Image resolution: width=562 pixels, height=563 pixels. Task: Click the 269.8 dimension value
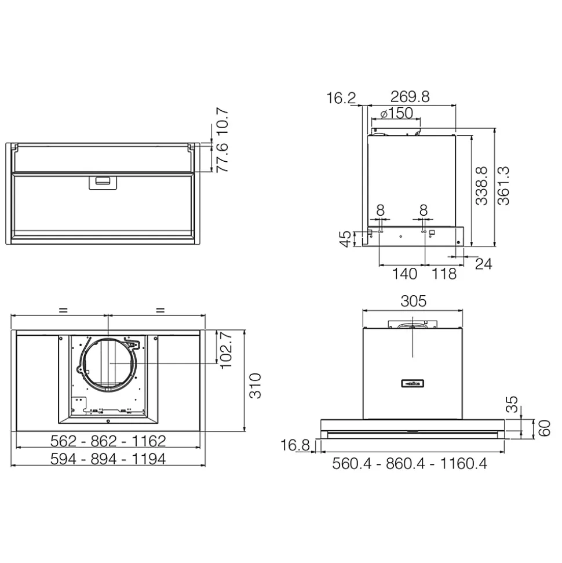pyautogui.click(x=410, y=97)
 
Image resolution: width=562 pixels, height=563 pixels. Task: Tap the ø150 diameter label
pyautogui.click(x=397, y=114)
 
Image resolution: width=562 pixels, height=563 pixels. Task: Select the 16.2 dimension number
pyautogui.click(x=341, y=98)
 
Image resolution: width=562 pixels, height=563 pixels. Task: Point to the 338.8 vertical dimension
pyautogui.click(x=481, y=186)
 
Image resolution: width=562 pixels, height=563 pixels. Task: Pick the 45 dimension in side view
pyautogui.click(x=345, y=239)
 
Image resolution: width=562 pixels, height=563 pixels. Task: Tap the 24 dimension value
pyautogui.click(x=483, y=264)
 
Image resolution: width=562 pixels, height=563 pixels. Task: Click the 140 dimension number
pyautogui.click(x=404, y=274)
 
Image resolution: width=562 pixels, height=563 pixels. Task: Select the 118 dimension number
pyautogui.click(x=444, y=274)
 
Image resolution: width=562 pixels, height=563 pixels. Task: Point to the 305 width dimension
pyautogui.click(x=414, y=301)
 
